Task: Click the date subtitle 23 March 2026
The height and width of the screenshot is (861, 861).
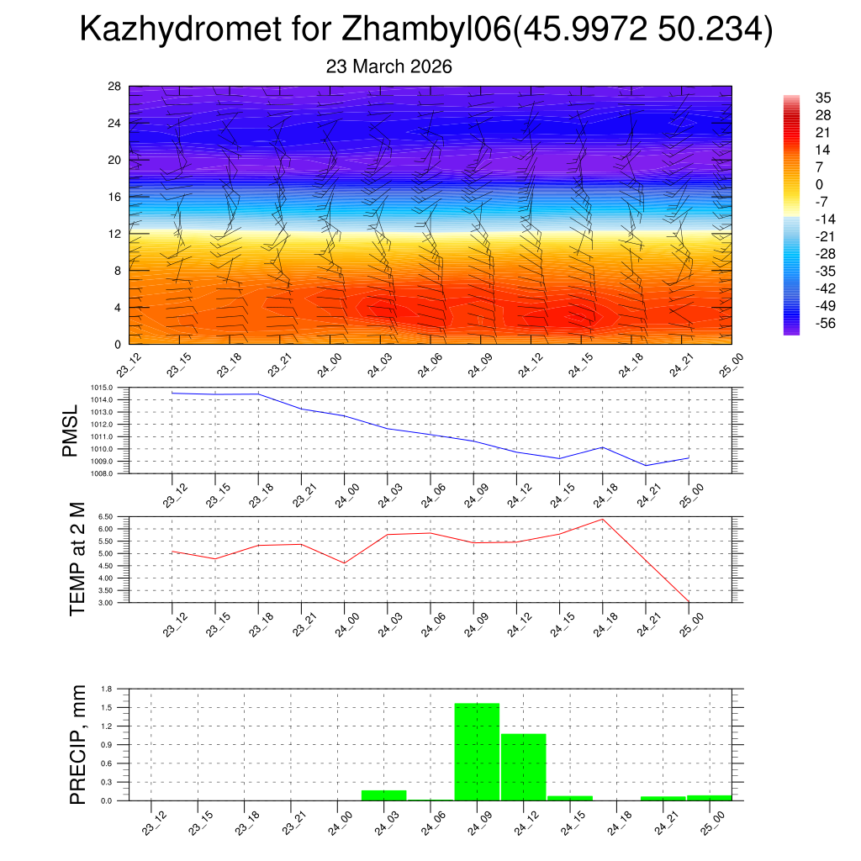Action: click(x=388, y=66)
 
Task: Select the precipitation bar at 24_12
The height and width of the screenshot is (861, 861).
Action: click(x=523, y=767)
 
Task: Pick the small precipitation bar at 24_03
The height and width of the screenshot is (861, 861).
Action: click(x=383, y=795)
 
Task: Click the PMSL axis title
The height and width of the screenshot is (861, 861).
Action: click(x=71, y=430)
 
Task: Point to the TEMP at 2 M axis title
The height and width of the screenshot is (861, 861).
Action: click(x=77, y=559)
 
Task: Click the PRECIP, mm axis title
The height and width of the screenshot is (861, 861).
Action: click(x=77, y=744)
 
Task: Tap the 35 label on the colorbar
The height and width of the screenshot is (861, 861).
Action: click(x=823, y=98)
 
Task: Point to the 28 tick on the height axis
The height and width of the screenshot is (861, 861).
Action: click(x=114, y=87)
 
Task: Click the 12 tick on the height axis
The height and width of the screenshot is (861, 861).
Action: click(x=114, y=234)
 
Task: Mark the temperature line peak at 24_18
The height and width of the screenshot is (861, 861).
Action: click(x=603, y=519)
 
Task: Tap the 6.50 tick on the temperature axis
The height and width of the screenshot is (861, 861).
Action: click(x=105, y=516)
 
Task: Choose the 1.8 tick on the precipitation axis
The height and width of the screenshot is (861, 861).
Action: click(x=107, y=689)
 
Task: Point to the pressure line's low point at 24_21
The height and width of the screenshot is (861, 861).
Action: click(x=646, y=465)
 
